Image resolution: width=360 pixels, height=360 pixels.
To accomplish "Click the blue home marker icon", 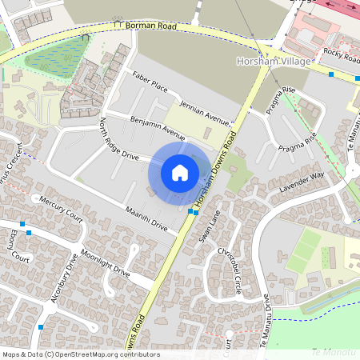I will (180, 173).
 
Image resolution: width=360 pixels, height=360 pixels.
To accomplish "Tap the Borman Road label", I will (150, 26).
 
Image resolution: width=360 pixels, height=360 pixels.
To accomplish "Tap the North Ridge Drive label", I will (119, 139).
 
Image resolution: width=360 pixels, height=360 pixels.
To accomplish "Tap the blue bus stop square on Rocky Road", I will (331, 74).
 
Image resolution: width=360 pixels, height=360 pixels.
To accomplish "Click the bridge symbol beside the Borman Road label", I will (120, 25).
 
